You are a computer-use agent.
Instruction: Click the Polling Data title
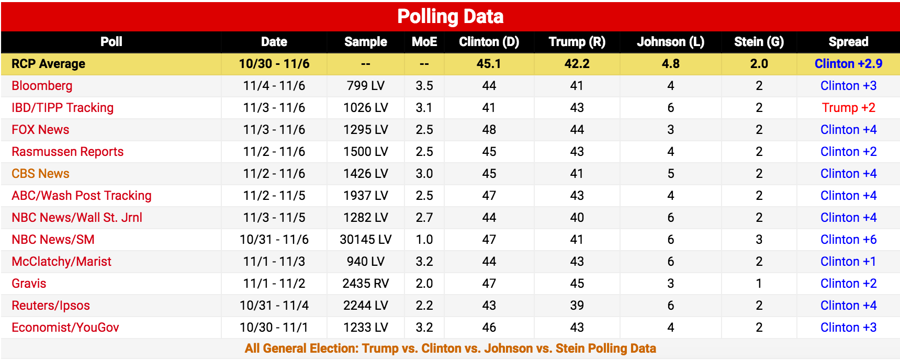click(x=450, y=17)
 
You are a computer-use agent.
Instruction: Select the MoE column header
click(x=424, y=42)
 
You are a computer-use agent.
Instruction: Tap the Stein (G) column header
click(x=759, y=42)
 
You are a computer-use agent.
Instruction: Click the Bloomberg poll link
click(x=42, y=86)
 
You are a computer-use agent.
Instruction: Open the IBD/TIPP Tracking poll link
click(x=62, y=108)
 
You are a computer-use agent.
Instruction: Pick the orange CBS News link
click(x=40, y=174)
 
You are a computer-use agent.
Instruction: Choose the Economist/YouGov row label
click(x=65, y=328)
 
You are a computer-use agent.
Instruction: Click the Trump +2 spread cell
click(x=848, y=108)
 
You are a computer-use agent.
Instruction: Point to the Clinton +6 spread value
click(x=848, y=240)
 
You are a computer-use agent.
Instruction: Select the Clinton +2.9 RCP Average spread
click(x=848, y=64)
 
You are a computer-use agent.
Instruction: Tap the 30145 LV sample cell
click(x=365, y=240)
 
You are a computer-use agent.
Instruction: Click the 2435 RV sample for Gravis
click(x=365, y=284)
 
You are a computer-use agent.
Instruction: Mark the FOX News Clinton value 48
click(x=489, y=130)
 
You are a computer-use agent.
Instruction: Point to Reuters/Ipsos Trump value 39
click(x=577, y=306)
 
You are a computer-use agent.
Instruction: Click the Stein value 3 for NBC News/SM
click(x=759, y=240)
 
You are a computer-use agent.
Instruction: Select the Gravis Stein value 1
click(x=759, y=284)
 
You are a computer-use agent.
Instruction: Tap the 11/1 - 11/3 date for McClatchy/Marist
click(x=274, y=262)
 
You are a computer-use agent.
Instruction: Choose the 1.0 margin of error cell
click(x=424, y=240)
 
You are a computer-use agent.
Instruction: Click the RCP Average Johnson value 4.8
click(x=670, y=64)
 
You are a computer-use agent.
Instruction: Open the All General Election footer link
click(x=450, y=348)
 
